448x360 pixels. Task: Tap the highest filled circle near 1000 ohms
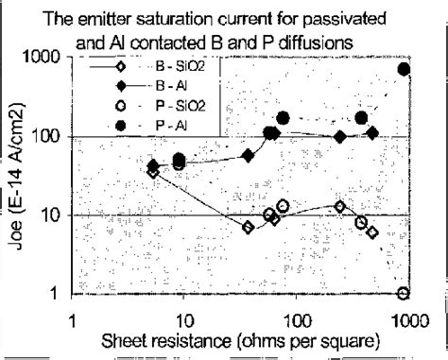click(405, 69)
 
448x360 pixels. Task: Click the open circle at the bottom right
click(404, 293)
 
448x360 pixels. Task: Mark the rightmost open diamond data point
click(373, 232)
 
